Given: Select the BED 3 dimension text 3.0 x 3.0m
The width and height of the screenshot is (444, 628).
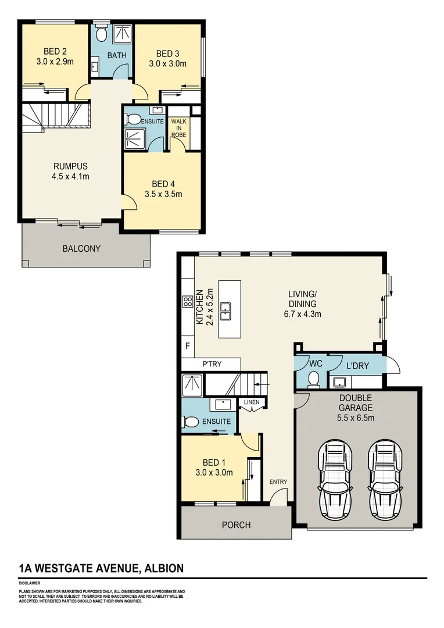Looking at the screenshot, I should click(167, 64).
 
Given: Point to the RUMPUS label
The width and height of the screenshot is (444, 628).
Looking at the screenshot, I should click(70, 165).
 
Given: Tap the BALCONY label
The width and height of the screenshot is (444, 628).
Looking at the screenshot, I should click(81, 248).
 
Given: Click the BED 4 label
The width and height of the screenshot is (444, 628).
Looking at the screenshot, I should click(163, 184).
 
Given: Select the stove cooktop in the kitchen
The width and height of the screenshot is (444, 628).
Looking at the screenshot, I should click(188, 301).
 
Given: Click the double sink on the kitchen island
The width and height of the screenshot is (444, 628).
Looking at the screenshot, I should click(230, 311).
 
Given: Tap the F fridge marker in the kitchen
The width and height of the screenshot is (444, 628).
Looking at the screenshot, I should click(187, 346).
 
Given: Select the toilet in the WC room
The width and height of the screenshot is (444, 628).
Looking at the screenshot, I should click(314, 379).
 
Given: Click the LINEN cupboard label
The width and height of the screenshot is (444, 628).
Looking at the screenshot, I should click(252, 402).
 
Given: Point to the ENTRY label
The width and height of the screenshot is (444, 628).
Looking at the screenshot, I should click(278, 481).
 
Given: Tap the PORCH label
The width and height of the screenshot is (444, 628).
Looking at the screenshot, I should click(237, 524).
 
